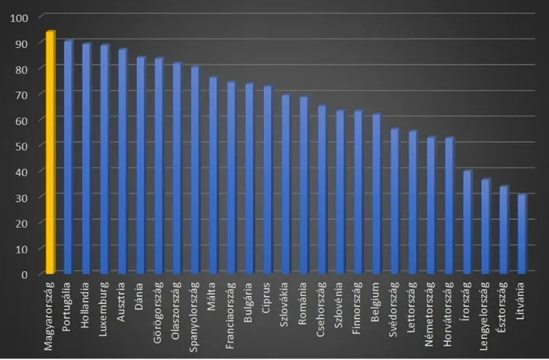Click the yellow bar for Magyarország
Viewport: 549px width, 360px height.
[x=50, y=153]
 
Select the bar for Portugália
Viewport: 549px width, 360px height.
[x=68, y=157]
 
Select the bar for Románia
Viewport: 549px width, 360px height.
[x=304, y=185]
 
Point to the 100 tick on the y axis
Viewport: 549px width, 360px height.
[x=20, y=17]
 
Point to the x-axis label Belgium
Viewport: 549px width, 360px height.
[x=377, y=300]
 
